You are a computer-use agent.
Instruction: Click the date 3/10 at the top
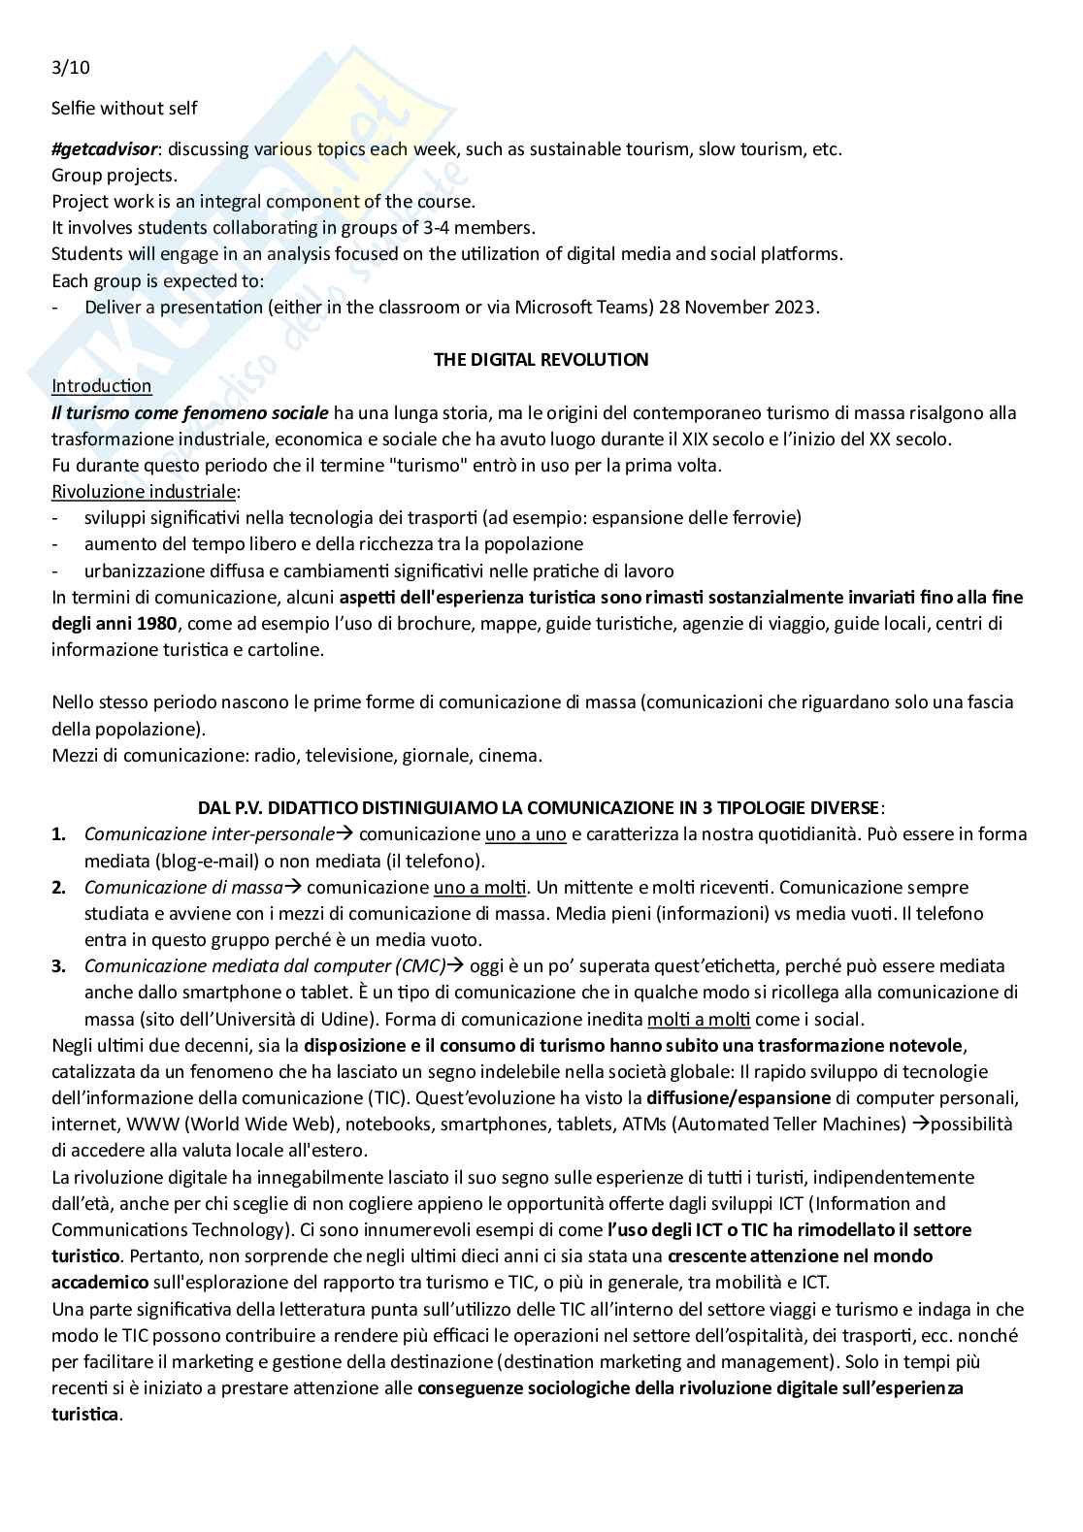pyautogui.click(x=71, y=68)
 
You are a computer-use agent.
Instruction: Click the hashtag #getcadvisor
pyautogui.click(x=104, y=149)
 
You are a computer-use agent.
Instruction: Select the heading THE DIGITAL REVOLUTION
pyautogui.click(x=541, y=360)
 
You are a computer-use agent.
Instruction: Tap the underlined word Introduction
pyautogui.click(x=101, y=386)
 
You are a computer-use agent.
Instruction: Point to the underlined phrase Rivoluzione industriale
pyautogui.click(x=144, y=491)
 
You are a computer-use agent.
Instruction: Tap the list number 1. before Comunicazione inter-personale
pyautogui.click(x=58, y=833)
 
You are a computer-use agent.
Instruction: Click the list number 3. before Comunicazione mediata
pyautogui.click(x=58, y=965)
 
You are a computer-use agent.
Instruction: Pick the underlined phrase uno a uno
pyautogui.click(x=525, y=833)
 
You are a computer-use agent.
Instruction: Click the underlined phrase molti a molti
pyautogui.click(x=685, y=1019)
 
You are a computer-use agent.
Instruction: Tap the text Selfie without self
pyautogui.click(x=124, y=108)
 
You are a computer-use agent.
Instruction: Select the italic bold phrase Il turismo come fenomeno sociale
pyautogui.click(x=190, y=412)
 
